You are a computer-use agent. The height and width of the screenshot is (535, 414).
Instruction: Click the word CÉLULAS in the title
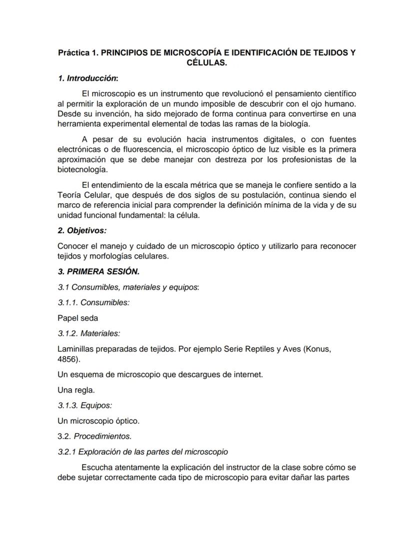click(206, 63)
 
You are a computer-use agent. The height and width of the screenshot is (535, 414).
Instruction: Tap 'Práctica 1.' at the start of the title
click(78, 52)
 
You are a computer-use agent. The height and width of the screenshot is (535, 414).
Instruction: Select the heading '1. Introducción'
click(87, 78)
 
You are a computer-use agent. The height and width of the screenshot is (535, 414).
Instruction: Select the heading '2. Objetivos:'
click(82, 231)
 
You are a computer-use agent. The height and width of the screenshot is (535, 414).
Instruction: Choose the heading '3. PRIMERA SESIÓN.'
click(98, 272)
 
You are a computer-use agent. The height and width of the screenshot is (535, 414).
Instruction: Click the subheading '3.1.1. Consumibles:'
click(93, 302)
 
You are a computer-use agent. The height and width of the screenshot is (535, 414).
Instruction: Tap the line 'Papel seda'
click(77, 318)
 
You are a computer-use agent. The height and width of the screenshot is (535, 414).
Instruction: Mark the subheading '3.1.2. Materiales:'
click(89, 333)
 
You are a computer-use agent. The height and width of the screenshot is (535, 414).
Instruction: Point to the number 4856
click(67, 359)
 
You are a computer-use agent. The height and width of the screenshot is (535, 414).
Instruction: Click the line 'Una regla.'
click(76, 390)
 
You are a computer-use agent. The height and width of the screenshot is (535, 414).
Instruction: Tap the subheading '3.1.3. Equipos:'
click(84, 405)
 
